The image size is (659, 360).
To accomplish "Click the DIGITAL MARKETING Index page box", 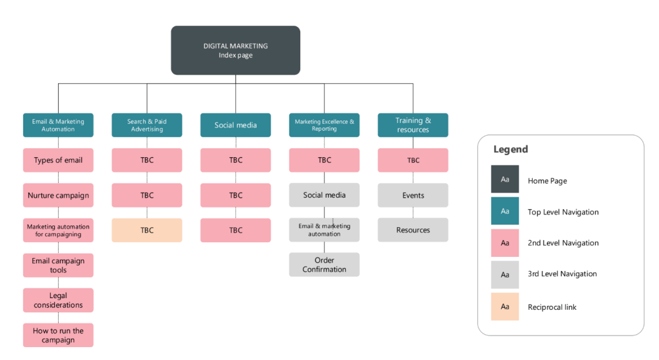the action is (x=235, y=50).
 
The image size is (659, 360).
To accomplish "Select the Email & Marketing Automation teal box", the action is (x=58, y=125).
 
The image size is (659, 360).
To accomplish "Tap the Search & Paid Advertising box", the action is (x=147, y=125).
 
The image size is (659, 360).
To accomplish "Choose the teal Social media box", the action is (x=235, y=125).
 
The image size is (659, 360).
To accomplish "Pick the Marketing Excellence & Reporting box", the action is (x=324, y=125).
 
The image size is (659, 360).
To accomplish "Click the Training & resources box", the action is (x=413, y=125).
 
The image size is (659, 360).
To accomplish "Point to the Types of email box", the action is (x=58, y=160).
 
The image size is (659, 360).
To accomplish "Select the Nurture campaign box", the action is (x=58, y=195).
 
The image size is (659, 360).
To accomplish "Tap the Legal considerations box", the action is (x=58, y=300).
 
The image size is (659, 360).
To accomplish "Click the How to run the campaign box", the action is (x=58, y=336).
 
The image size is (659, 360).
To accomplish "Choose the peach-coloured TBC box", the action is (x=147, y=230).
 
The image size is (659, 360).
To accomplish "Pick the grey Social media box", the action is (x=324, y=195).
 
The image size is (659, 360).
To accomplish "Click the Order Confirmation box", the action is (x=324, y=265).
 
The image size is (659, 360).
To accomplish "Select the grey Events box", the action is (x=413, y=195).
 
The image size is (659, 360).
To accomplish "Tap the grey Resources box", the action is (x=413, y=230).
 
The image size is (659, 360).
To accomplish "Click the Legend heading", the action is (x=511, y=149).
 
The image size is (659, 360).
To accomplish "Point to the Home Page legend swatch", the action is (x=505, y=180).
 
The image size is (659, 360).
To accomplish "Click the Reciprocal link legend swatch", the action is (x=505, y=307).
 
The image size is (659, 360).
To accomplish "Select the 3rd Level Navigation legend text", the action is (x=562, y=274).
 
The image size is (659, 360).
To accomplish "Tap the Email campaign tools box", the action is (x=58, y=265).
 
